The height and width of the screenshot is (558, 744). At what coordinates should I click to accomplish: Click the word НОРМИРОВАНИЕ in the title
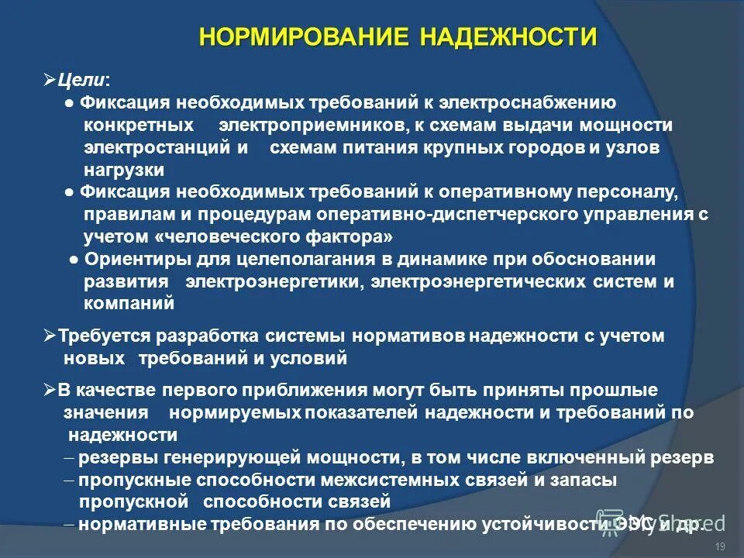[305, 37]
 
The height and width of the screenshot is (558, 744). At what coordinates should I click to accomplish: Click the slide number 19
[720, 548]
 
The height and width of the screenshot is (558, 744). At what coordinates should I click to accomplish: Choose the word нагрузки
[124, 169]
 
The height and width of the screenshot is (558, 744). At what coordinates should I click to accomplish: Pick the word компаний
[129, 304]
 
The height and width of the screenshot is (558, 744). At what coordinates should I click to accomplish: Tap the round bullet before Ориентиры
[73, 260]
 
